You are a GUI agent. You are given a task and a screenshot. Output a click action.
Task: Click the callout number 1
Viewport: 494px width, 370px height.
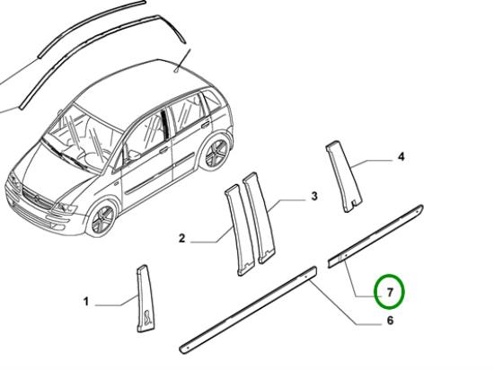85,302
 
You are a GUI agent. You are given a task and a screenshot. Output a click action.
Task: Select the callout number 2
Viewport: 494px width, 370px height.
181,238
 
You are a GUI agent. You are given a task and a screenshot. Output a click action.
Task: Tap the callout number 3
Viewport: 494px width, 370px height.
314,196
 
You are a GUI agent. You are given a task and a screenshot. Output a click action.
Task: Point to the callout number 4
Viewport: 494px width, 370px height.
401,156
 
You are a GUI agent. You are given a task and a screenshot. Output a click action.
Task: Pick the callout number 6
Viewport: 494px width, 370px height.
390,321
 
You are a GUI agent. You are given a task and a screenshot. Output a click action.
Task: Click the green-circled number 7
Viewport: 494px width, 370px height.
390,293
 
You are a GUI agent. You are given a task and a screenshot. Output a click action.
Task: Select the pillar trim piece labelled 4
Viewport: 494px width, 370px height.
344,176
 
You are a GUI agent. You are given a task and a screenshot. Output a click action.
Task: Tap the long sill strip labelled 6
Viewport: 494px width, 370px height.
248,310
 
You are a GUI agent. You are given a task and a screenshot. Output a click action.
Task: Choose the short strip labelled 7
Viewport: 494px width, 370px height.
375,236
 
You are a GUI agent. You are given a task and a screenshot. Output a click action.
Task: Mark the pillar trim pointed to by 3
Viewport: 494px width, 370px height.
259,217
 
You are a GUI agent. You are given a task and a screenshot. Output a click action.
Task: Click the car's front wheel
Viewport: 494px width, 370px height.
101,219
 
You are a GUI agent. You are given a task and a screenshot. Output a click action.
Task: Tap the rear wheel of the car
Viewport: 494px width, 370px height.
216,154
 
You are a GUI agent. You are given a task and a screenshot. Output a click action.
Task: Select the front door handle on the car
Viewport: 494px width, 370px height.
163,150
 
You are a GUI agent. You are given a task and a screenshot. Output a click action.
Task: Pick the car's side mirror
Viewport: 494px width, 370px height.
134,154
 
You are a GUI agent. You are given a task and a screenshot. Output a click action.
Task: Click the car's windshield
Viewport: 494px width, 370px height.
83,138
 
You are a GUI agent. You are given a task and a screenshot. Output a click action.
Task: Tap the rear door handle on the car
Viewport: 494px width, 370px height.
205,125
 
